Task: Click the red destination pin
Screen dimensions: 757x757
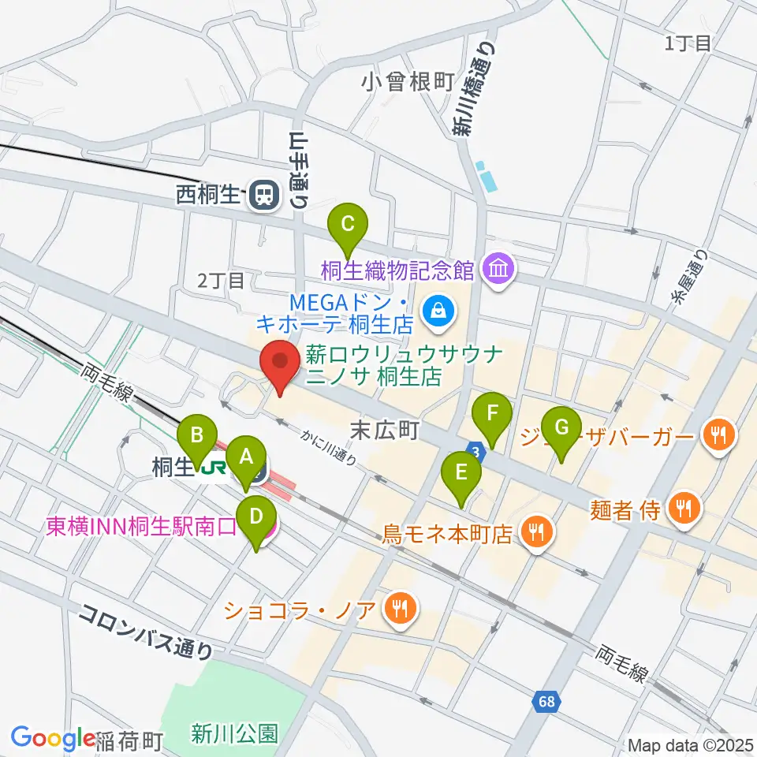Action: tap(280, 367)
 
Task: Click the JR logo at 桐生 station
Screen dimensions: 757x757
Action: tap(214, 469)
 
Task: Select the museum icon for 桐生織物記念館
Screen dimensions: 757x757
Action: tap(499, 270)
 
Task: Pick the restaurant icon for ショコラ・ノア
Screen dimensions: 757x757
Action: tap(400, 608)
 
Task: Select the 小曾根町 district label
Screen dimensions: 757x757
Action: tap(408, 80)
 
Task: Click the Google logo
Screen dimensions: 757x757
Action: tap(53, 738)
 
